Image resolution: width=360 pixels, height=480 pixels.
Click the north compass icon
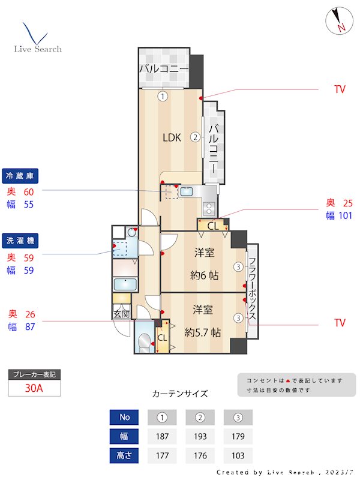tap(340, 21)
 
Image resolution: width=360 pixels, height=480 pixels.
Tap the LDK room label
tap(172, 137)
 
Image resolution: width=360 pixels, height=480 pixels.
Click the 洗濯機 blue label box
tap(21, 241)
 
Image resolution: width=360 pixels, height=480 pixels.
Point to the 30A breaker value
tap(34, 388)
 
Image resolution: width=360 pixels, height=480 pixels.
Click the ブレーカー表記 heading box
tap(34, 375)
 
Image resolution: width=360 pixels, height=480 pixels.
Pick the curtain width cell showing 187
tap(163, 436)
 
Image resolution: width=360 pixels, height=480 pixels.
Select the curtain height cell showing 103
tap(238, 455)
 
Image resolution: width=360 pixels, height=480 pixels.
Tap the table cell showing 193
tap(200, 436)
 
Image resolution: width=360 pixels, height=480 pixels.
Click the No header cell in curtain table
tap(124, 417)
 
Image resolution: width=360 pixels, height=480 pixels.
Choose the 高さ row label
tap(124, 455)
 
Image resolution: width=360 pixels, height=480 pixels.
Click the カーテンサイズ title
tap(180, 394)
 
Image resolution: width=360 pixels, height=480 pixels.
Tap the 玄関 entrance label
tap(121, 314)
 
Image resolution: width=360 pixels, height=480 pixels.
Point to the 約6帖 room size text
tap(203, 276)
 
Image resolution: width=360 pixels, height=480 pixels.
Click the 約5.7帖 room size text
tap(203, 331)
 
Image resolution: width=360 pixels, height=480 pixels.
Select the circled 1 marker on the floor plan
tap(163, 96)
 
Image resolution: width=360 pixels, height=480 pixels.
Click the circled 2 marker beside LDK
tap(196, 137)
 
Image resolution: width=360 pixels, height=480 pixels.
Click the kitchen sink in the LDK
tap(186, 192)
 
